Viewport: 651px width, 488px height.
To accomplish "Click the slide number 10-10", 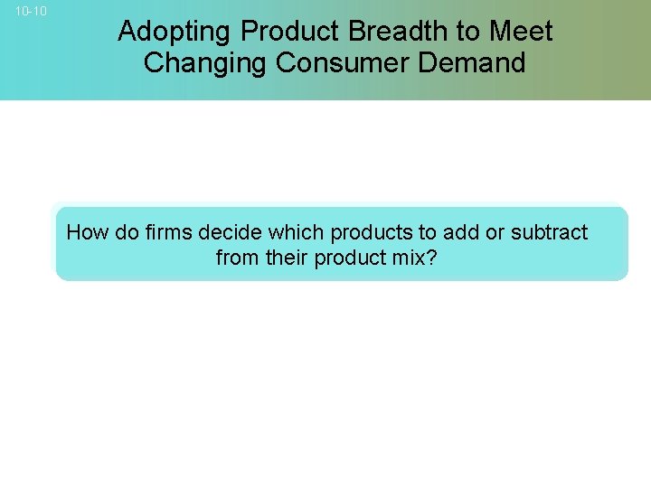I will (31, 12).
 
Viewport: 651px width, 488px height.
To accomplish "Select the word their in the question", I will (283, 258).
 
